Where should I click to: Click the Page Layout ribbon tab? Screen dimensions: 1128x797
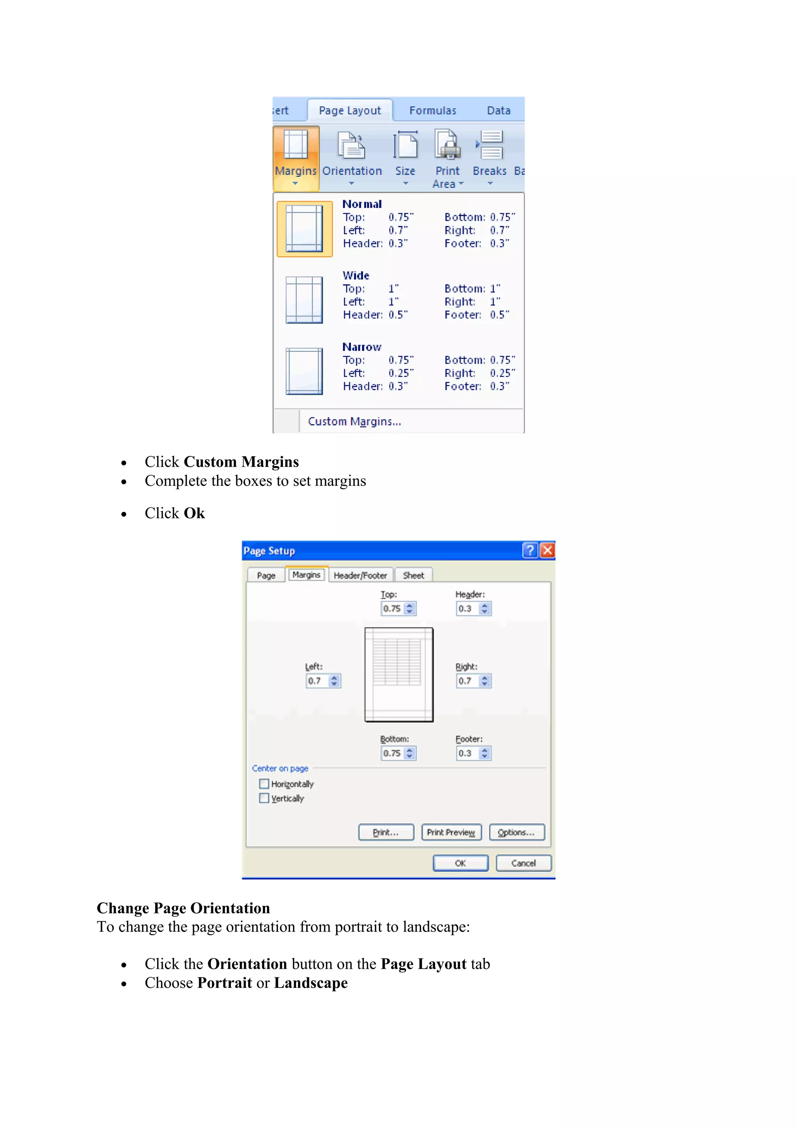pyautogui.click(x=349, y=111)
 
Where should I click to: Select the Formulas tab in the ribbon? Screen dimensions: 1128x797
pyautogui.click(x=433, y=111)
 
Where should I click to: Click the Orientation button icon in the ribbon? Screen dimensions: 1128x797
pyautogui.click(x=351, y=146)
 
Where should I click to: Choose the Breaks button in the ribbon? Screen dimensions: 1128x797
pyautogui.click(x=490, y=157)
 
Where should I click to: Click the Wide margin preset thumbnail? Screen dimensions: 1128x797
pyautogui.click(x=304, y=300)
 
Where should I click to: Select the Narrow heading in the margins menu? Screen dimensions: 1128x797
pyautogui.click(x=362, y=347)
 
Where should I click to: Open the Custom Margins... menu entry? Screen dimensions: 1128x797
pyautogui.click(x=354, y=422)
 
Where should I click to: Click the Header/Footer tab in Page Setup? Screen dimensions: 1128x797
pyautogui.click(x=360, y=575)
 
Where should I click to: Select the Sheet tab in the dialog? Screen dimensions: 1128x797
pyautogui.click(x=413, y=575)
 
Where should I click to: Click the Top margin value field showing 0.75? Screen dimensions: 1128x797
pyautogui.click(x=392, y=609)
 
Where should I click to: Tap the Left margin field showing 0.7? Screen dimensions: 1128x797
pyautogui.click(x=317, y=681)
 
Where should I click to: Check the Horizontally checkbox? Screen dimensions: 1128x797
pyautogui.click(x=264, y=784)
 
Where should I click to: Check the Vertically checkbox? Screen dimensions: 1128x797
pyautogui.click(x=264, y=798)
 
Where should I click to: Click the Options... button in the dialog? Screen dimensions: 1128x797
pyautogui.click(x=516, y=832)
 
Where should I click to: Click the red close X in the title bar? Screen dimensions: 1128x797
pyautogui.click(x=547, y=550)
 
